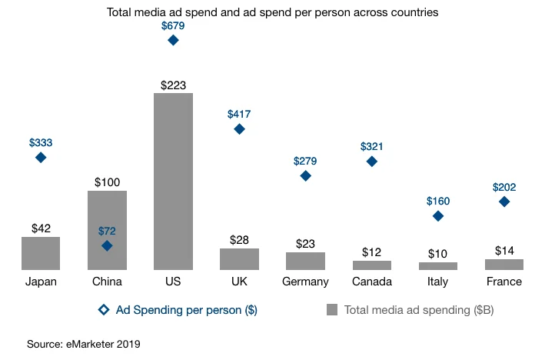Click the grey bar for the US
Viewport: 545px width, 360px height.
(x=173, y=182)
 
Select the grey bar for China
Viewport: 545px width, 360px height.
(x=107, y=230)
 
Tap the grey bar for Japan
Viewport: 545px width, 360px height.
(x=41, y=253)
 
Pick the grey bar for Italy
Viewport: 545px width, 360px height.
(x=437, y=265)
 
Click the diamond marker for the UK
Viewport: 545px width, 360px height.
(x=239, y=129)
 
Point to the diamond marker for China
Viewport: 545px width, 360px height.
(x=107, y=245)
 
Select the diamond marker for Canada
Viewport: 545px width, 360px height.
(x=371, y=162)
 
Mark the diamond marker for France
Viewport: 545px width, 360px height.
(x=503, y=202)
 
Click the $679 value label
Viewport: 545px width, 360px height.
(x=173, y=25)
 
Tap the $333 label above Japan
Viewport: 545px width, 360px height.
(x=41, y=143)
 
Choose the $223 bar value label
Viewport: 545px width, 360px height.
(x=173, y=85)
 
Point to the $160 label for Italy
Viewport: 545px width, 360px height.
(x=437, y=202)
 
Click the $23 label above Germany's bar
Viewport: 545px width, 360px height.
(x=305, y=244)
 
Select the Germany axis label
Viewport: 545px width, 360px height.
(x=305, y=282)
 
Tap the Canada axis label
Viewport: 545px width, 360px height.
(x=371, y=282)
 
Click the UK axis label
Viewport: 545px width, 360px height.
(x=239, y=282)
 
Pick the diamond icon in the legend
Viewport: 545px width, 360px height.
(x=104, y=310)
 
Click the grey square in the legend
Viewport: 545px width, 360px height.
(x=332, y=310)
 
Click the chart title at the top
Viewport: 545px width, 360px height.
(x=273, y=13)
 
